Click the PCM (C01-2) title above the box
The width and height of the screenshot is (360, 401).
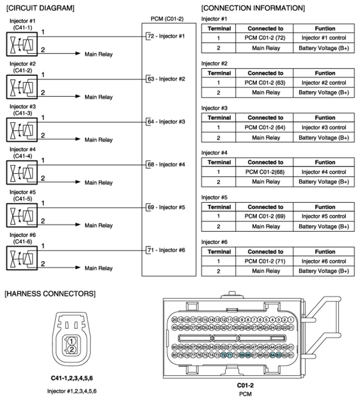167,19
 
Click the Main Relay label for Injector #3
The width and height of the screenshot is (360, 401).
99,139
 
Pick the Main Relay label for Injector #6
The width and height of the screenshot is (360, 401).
99,268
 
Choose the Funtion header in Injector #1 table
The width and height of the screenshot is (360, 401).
324,28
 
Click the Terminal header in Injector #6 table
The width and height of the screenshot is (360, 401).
220,252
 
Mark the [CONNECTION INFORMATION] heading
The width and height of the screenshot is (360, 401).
253,8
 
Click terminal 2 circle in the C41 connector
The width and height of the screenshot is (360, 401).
73,350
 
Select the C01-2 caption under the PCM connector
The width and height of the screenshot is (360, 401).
245,385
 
